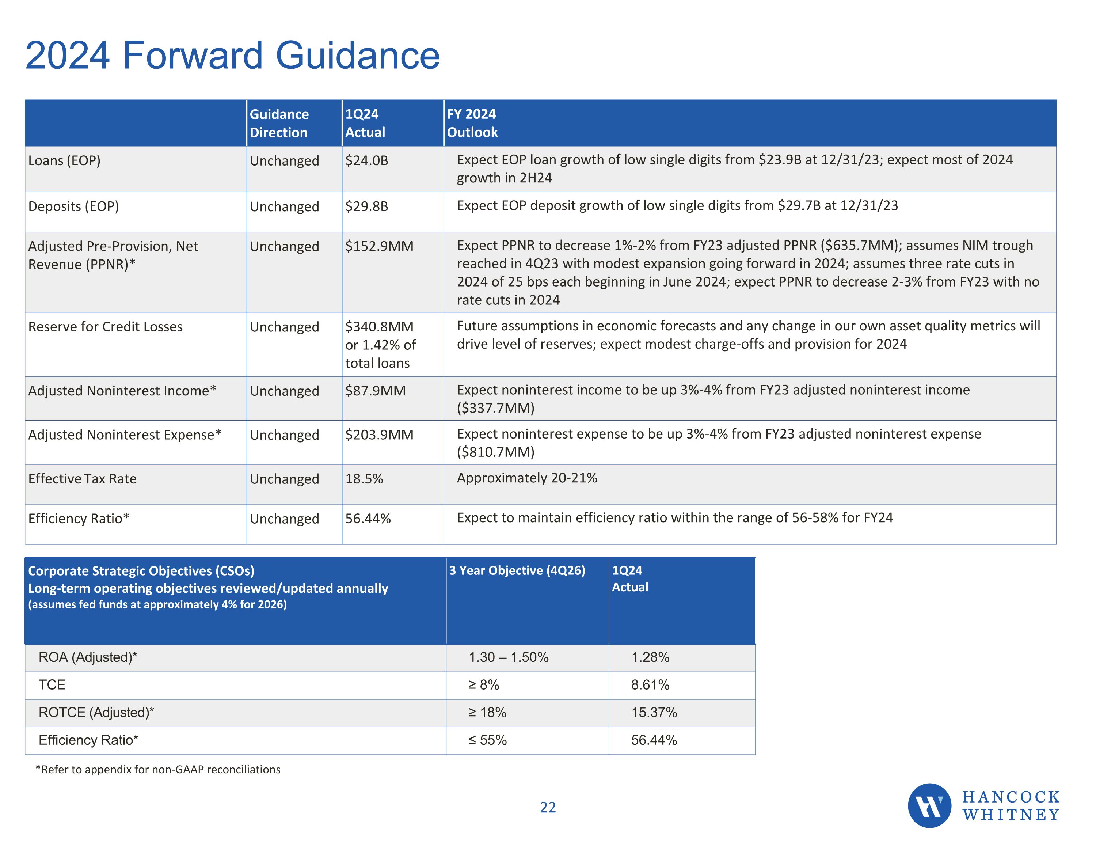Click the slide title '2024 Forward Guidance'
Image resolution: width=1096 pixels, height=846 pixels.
coord(232,55)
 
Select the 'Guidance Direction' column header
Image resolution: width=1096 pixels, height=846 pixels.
coord(279,123)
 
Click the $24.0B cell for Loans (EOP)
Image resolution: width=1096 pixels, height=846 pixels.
coord(366,161)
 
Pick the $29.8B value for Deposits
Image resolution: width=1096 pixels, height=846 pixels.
coord(366,206)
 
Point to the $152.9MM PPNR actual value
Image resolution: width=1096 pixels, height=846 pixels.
coord(379,246)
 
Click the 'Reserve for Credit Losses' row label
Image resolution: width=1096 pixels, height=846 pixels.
coord(105,326)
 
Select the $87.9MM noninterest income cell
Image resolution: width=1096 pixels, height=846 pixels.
coord(375,391)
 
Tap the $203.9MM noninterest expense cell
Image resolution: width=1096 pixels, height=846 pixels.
coord(379,435)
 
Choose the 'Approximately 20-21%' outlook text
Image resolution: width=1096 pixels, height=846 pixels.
coord(526,478)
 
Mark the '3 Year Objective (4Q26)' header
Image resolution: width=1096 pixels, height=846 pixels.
coord(517,570)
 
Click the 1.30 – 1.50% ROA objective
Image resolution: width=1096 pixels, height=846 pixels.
coord(508,657)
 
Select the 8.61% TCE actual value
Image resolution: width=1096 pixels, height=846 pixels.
coord(650,685)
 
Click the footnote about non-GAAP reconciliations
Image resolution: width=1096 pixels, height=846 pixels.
coord(158,769)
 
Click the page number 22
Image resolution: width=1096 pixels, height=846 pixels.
coord(548,807)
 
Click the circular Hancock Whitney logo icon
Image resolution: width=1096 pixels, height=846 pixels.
coord(929,805)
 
